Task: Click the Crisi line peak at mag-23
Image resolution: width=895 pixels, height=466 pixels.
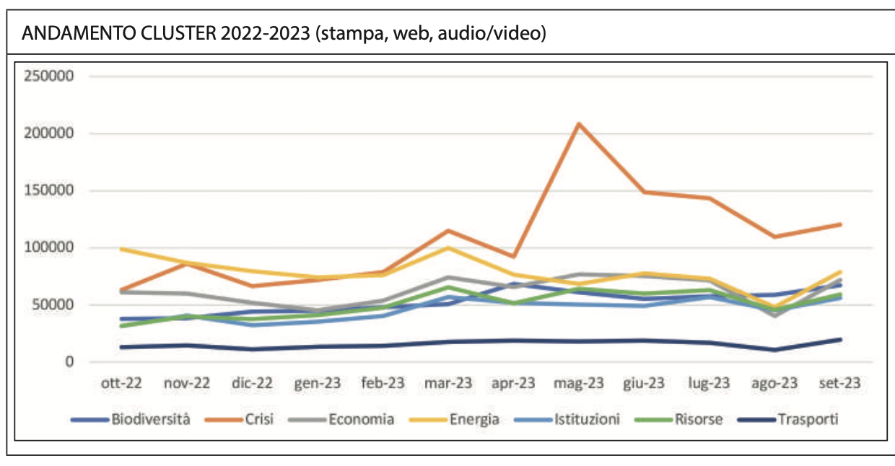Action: [579, 124]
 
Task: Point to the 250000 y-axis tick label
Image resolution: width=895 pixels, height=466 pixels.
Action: [48, 76]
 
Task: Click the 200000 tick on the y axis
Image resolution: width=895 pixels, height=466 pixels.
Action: [48, 133]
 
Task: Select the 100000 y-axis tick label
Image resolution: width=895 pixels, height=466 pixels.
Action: [48, 247]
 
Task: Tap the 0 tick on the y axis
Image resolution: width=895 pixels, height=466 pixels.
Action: [69, 361]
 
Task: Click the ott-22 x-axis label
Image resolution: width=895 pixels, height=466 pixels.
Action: [121, 383]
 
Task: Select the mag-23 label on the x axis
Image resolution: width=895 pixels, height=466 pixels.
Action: [579, 383]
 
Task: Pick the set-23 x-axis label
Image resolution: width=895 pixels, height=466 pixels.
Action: [840, 383]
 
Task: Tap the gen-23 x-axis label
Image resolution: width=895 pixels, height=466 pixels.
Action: [318, 383]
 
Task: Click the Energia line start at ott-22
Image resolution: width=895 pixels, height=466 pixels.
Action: [121, 249]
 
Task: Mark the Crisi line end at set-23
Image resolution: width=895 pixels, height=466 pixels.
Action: [840, 224]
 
